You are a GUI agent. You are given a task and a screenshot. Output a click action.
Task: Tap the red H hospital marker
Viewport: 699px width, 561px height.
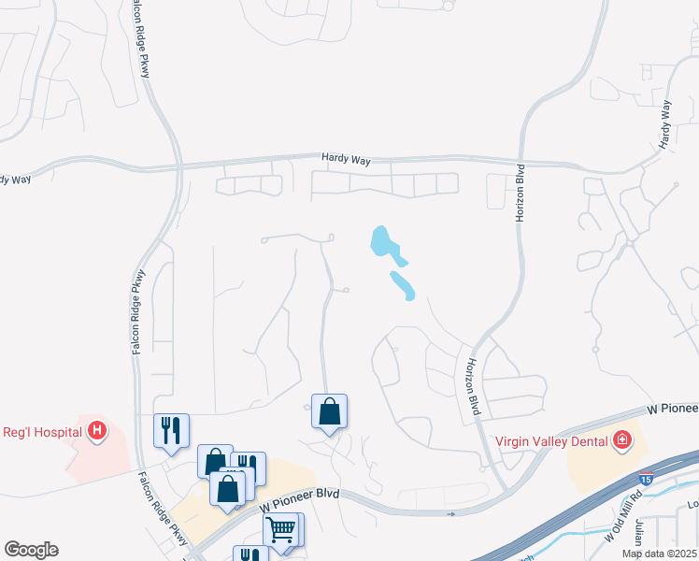[x=96, y=431]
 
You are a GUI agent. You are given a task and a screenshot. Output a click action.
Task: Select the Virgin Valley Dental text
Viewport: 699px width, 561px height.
[x=550, y=439]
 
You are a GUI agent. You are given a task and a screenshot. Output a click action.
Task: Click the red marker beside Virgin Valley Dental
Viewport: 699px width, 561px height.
[x=621, y=439]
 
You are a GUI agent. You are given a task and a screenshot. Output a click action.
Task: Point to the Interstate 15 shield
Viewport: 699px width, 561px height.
[x=648, y=480]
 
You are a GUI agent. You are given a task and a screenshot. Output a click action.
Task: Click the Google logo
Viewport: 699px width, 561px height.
[x=31, y=549]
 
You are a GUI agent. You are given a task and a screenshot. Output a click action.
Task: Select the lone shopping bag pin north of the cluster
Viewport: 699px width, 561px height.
[x=329, y=411]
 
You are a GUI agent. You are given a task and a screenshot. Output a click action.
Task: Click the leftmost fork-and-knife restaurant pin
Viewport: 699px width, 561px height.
[x=171, y=431]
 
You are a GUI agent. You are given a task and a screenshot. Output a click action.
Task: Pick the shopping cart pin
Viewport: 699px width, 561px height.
[x=280, y=530]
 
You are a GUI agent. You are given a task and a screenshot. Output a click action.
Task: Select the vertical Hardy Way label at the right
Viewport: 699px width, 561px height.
[x=664, y=124]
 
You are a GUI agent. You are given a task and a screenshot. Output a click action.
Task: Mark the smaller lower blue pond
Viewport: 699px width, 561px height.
[x=403, y=284]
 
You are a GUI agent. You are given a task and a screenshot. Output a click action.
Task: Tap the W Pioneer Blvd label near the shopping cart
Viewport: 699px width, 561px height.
[x=300, y=500]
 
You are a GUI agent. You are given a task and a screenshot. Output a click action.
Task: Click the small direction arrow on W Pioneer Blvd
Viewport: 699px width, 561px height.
[x=450, y=513]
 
